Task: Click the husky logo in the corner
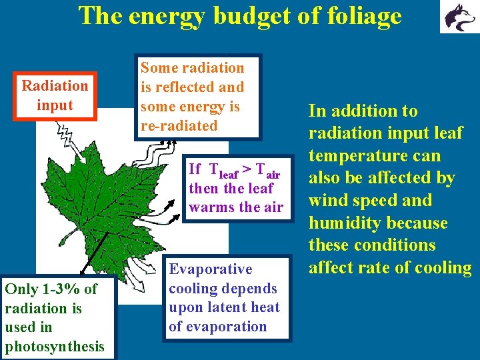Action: [457, 17]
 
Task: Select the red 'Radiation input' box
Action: [55, 95]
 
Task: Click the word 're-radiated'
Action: [179, 125]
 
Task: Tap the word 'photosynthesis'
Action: [55, 346]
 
